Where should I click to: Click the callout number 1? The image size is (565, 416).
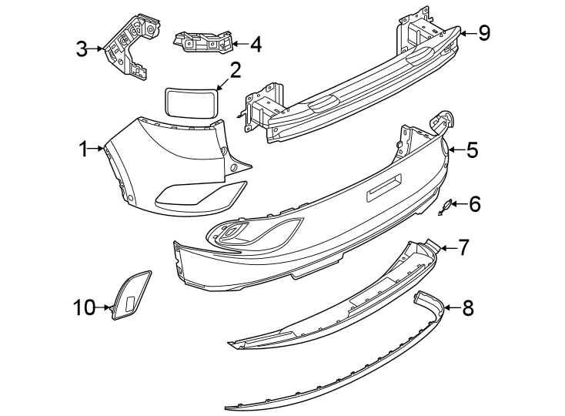[83, 149]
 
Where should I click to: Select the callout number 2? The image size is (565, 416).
[235, 70]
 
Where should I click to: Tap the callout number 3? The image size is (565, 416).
[82, 49]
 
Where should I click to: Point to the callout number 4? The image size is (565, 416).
[256, 45]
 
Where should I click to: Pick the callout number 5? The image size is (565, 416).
[472, 149]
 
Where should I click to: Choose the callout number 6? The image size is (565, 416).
[475, 204]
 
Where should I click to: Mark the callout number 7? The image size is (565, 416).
[463, 248]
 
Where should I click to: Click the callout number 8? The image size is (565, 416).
[468, 308]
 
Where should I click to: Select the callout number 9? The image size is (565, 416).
[484, 33]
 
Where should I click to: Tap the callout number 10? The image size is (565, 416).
[85, 308]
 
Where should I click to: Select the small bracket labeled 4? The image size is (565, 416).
[203, 42]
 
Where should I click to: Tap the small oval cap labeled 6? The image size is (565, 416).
[446, 204]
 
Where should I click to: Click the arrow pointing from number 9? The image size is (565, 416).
[469, 34]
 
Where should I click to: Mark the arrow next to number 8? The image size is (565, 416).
[452, 308]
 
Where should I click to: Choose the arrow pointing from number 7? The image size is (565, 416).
[448, 248]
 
